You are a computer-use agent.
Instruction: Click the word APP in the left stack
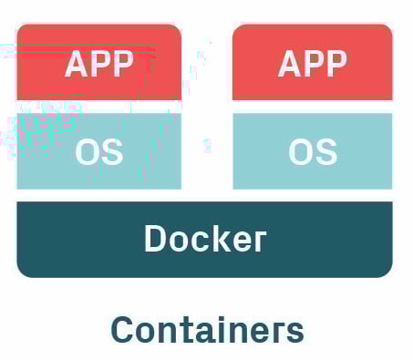click(x=99, y=64)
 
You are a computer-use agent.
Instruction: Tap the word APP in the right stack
click(x=313, y=64)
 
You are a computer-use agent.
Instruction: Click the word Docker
click(x=205, y=238)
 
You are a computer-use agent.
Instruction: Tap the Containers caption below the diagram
click(x=207, y=329)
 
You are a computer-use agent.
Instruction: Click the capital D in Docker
click(x=157, y=238)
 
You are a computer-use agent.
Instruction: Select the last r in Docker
click(x=259, y=241)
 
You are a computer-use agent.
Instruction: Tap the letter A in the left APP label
click(x=77, y=64)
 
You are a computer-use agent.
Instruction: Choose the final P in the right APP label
click(x=336, y=64)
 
